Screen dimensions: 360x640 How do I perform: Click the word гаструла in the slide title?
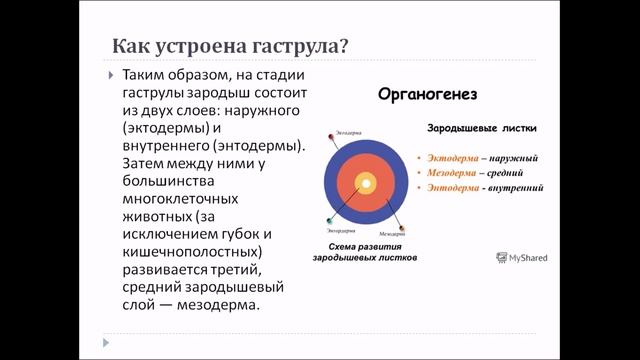(293, 46)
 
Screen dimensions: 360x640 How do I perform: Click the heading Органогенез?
(426, 95)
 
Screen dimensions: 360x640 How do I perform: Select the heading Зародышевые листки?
(482, 130)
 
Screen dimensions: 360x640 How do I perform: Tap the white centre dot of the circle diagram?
(366, 183)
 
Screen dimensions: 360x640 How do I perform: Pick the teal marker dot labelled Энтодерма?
(329, 220)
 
